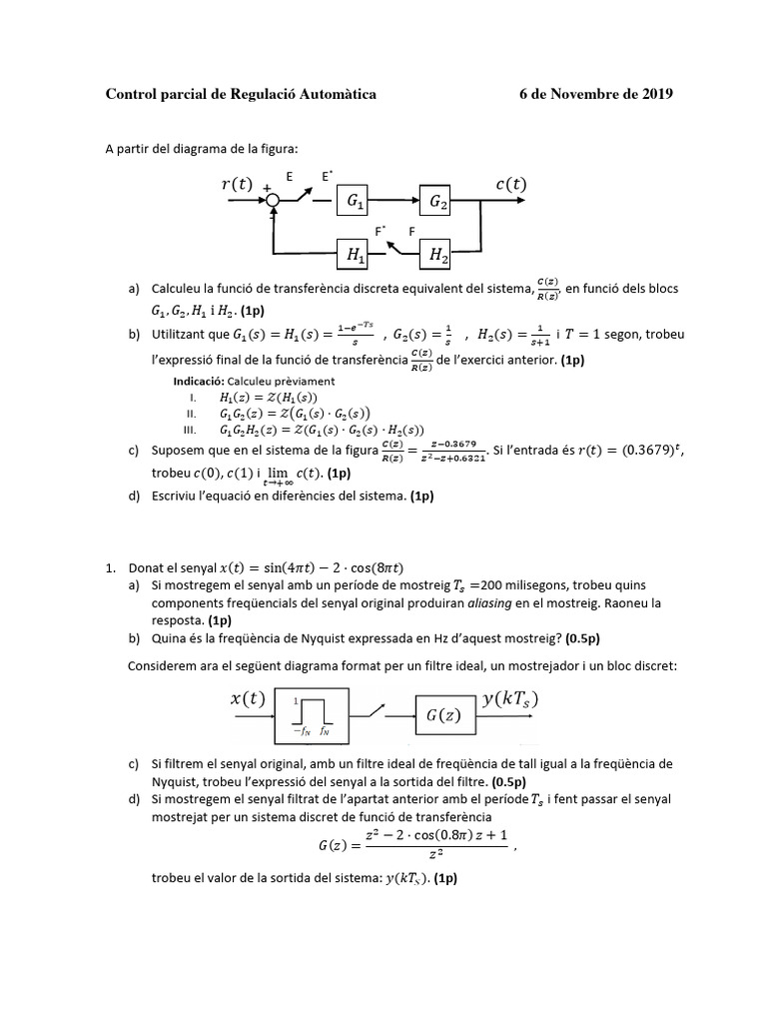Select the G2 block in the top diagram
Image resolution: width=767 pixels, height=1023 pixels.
[438, 202]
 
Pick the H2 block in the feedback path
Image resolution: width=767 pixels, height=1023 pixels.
[438, 257]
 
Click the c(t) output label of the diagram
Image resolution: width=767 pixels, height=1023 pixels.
[510, 184]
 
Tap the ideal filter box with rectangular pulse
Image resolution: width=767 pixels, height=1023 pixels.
[313, 715]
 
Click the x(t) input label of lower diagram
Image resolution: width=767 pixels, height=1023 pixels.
[248, 699]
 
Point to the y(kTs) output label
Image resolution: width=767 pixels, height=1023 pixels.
[510, 699]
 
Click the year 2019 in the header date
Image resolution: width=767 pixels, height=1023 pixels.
[654, 95]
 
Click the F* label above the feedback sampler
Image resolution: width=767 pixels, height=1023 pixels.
[380, 231]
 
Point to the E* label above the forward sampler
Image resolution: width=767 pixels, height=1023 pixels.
[326, 176]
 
